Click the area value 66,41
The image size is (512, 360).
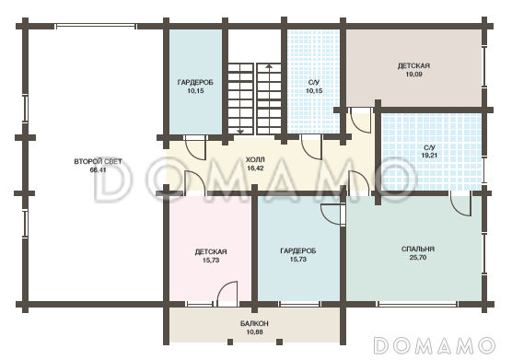point(98,170)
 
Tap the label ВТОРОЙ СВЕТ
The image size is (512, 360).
point(98,161)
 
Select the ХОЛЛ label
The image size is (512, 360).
point(255,160)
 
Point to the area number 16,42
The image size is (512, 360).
point(255,168)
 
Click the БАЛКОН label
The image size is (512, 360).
point(254,323)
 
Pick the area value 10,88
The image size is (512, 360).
point(255,332)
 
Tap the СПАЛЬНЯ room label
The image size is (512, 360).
point(418,249)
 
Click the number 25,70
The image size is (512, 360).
point(418,258)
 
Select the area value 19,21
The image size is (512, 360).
point(429,156)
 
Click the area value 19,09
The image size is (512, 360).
point(414,74)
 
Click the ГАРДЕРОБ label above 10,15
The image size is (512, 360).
point(195,83)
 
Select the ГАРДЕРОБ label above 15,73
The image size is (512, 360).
point(298,251)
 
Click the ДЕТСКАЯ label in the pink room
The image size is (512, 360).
point(211,251)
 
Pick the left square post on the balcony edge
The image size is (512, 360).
point(230,342)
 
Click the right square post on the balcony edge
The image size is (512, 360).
point(280,342)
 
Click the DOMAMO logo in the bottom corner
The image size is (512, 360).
point(434,345)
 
